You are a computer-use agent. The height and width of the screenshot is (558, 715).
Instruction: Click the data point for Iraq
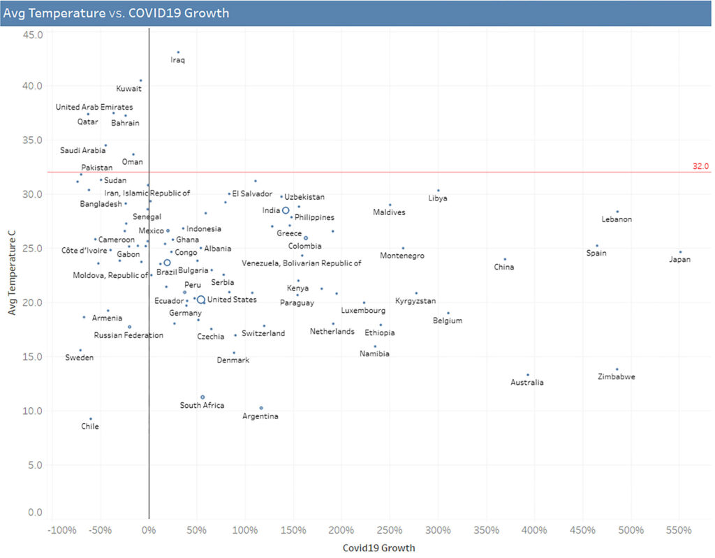pyautogui.click(x=178, y=52)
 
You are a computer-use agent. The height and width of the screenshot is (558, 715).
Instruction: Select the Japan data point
pyautogui.click(x=680, y=252)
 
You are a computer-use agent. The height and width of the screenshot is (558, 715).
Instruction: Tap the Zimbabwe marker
pyautogui.click(x=617, y=369)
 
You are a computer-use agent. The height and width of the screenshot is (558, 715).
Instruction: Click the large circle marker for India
pyautogui.click(x=286, y=210)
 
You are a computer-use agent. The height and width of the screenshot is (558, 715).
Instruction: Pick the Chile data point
pyautogui.click(x=91, y=419)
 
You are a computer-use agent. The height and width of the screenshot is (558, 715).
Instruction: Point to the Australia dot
pyautogui.click(x=528, y=375)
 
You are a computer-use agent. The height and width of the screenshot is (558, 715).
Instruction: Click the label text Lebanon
pyautogui.click(x=617, y=219)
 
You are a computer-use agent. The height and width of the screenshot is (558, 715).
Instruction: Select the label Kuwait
pyautogui.click(x=129, y=89)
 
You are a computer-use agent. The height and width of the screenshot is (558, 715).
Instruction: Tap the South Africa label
pyautogui.click(x=202, y=405)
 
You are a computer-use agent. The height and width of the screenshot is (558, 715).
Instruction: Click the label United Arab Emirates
pyautogui.click(x=94, y=108)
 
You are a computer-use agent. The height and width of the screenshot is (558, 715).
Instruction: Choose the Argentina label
pyautogui.click(x=260, y=416)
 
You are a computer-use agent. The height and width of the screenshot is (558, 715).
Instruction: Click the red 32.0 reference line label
pyautogui.click(x=700, y=166)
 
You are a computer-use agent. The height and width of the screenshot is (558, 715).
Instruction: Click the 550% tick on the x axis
pyautogui.click(x=679, y=531)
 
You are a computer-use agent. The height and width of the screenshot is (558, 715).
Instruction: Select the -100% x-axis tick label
pyautogui.click(x=61, y=531)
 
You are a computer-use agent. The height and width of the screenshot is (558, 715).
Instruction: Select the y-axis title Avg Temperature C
pyautogui.click(x=12, y=276)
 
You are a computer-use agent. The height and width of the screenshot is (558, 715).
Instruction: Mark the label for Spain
pyautogui.click(x=596, y=253)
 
